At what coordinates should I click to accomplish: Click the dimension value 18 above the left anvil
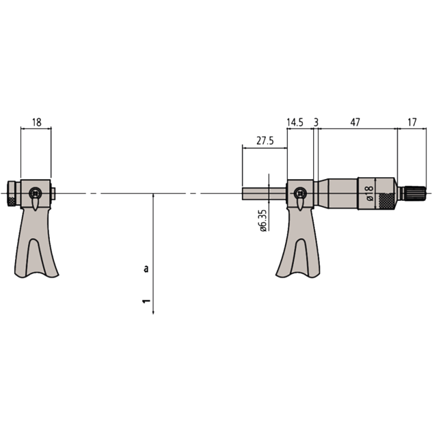point(36,123)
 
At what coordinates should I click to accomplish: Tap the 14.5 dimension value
point(295,123)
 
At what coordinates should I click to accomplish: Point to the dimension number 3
point(316,123)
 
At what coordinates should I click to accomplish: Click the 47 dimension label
point(355,123)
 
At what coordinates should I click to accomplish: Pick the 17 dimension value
point(411,123)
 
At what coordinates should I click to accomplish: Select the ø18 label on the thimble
point(369,193)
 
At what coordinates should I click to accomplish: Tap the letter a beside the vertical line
point(145,268)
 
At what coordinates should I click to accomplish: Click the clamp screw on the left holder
point(35,192)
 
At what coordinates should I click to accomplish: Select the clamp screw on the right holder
point(299,192)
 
